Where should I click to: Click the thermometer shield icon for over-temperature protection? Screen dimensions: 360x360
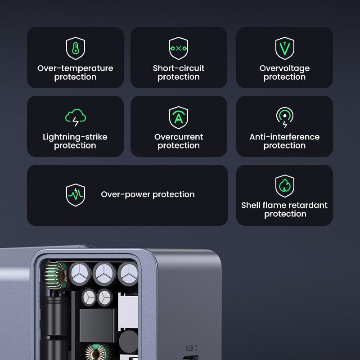coord(75,48)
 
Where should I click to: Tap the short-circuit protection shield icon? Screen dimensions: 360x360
coord(179,48)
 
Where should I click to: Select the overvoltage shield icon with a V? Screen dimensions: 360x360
coord(284,48)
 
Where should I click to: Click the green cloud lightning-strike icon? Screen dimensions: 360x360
coord(75,117)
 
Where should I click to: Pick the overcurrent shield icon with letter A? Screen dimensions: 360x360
coord(179,117)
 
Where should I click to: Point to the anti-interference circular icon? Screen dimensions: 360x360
coord(284,117)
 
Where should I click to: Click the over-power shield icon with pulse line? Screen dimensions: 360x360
coord(75,194)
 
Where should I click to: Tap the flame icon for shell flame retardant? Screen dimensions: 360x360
coord(284,186)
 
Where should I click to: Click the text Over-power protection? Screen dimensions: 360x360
coord(148,194)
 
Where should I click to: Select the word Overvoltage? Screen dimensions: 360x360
coord(284,68)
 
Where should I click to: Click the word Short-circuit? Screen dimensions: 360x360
coord(179,68)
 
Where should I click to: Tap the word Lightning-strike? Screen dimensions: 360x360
coord(75,137)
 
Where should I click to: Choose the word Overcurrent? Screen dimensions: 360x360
coord(179,137)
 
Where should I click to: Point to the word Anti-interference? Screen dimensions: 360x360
coord(284,137)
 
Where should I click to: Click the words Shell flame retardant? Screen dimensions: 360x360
coord(284,205)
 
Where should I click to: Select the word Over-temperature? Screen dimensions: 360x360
coord(75,68)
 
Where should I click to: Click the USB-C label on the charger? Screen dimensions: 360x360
coord(191,348)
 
